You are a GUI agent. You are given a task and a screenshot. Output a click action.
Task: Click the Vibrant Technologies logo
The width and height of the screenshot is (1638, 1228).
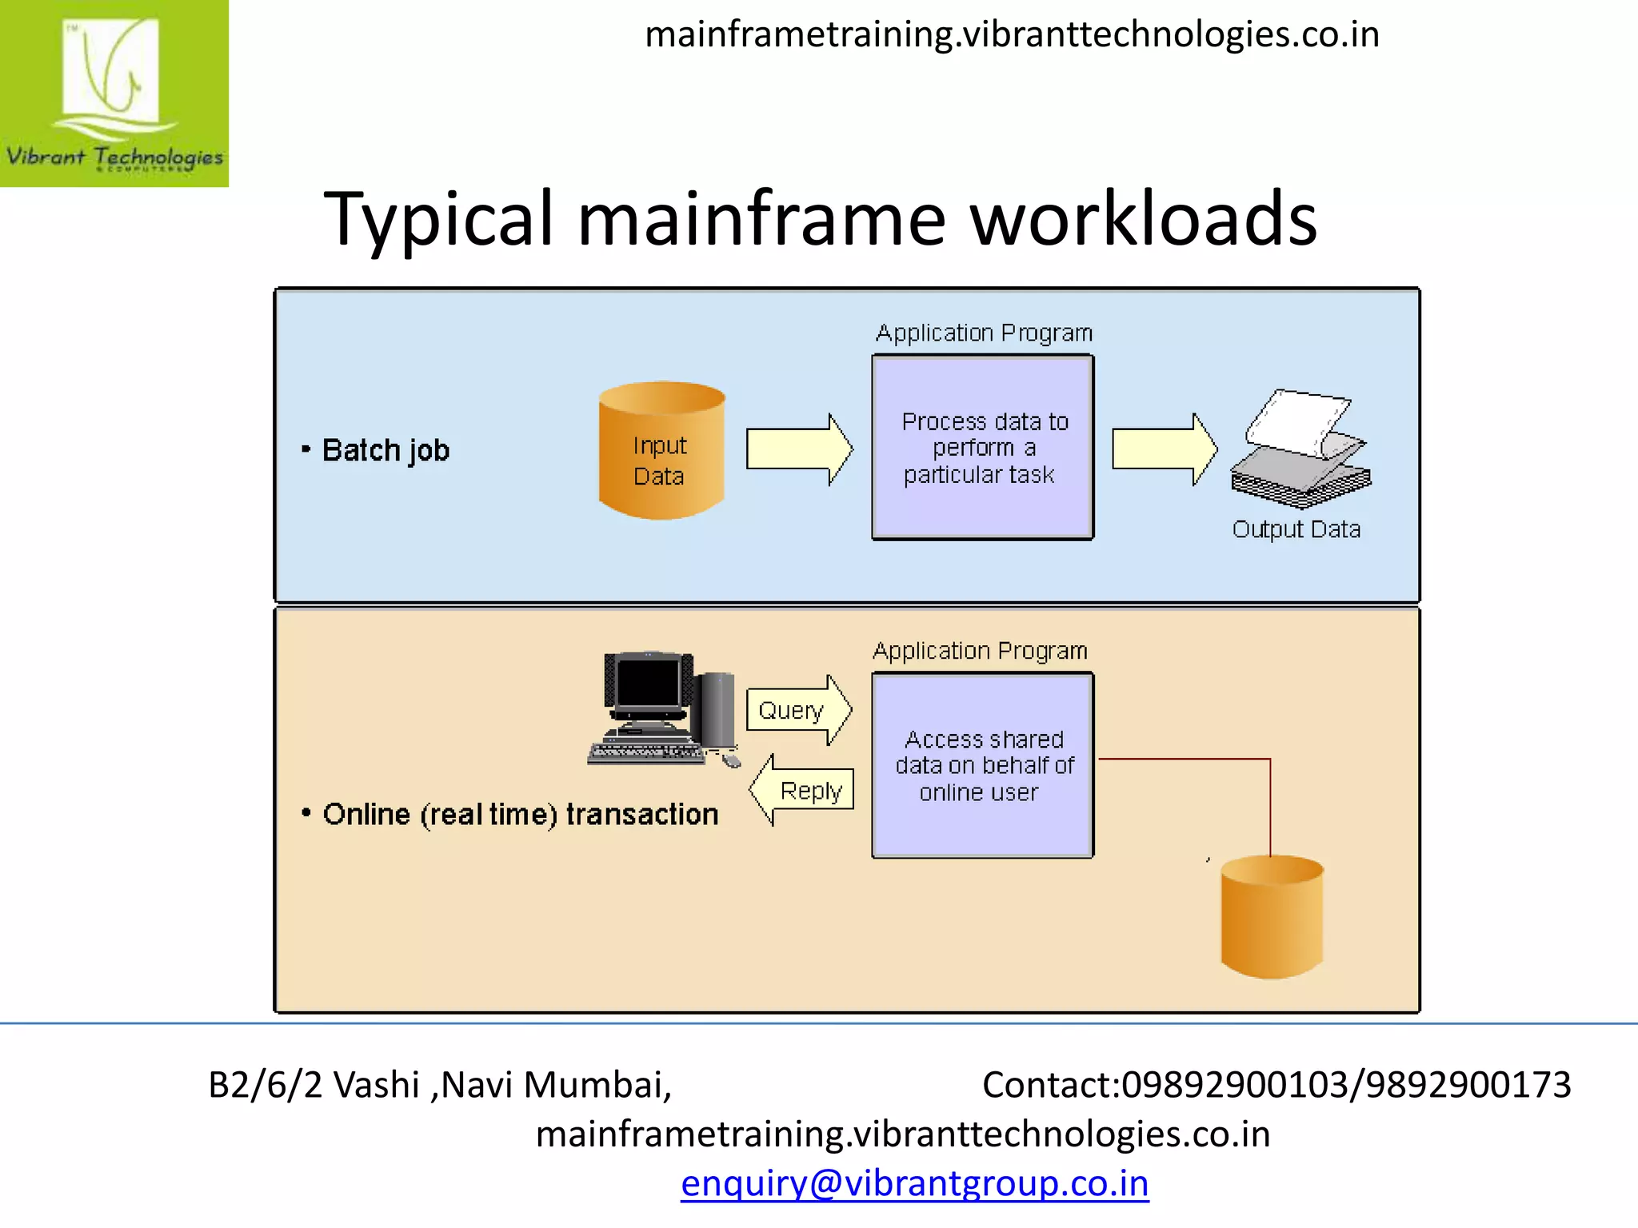point(114,93)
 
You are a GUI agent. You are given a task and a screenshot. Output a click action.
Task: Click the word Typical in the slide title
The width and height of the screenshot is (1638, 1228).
point(438,219)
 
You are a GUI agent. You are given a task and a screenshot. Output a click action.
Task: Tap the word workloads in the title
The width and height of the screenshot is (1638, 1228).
point(1143,219)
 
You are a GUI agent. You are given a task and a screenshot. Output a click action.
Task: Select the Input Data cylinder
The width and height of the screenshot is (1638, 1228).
point(661,451)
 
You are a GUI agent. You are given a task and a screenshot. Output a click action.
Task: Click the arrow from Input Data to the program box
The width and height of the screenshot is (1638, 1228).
point(799,449)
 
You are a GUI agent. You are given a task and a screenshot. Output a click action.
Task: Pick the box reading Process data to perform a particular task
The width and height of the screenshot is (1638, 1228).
point(983,448)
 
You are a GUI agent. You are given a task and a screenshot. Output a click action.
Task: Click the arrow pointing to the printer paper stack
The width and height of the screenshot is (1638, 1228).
point(1164,449)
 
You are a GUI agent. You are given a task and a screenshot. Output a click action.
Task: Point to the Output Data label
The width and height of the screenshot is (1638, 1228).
point(1296,529)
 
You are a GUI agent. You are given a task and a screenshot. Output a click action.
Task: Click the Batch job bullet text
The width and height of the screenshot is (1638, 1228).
point(386,451)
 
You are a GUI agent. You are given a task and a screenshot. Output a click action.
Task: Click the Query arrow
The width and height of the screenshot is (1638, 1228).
point(798,710)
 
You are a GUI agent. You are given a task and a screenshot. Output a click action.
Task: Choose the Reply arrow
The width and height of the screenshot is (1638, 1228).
point(802,791)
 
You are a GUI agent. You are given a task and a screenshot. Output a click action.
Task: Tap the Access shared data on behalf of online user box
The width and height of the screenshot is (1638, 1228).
point(983,766)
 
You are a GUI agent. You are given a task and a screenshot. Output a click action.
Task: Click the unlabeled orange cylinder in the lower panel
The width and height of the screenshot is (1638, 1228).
point(1272,917)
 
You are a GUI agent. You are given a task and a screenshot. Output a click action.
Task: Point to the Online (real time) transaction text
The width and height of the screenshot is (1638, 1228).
point(520,815)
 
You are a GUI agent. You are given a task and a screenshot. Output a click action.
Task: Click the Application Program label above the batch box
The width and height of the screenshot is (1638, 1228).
point(984,333)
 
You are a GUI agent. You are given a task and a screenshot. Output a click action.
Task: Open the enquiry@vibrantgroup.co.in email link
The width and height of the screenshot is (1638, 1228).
point(914,1183)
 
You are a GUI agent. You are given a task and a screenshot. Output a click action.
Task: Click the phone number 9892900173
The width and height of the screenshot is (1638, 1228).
point(1468,1085)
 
